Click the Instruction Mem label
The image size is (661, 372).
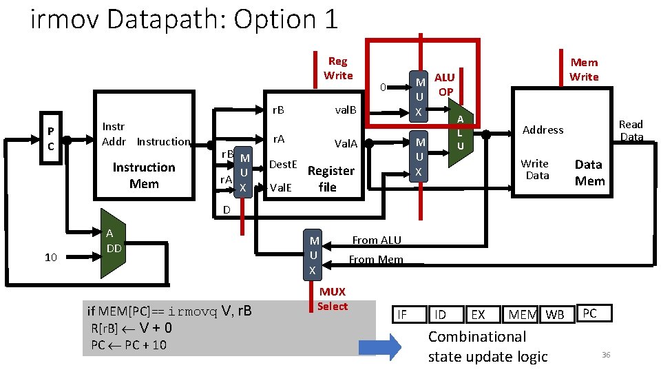[144, 176]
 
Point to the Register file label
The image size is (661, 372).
[330, 178]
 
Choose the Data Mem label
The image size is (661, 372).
[589, 172]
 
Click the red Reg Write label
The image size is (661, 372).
[337, 68]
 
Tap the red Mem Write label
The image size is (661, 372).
[584, 70]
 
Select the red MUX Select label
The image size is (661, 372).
[333, 299]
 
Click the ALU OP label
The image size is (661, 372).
[445, 84]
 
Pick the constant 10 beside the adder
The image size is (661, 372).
[50, 258]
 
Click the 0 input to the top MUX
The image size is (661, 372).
[385, 87]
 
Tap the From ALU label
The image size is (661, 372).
[376, 240]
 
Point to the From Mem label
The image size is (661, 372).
[375, 260]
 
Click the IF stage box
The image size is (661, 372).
[403, 315]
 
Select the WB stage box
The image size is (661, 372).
[554, 315]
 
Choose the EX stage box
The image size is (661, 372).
[477, 315]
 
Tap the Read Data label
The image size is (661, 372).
[631, 130]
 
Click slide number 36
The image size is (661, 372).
[606, 354]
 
